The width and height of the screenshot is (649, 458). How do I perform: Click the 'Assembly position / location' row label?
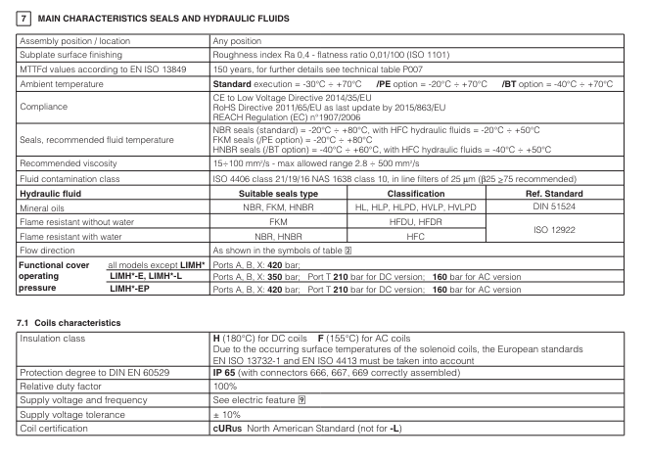point(70,42)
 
